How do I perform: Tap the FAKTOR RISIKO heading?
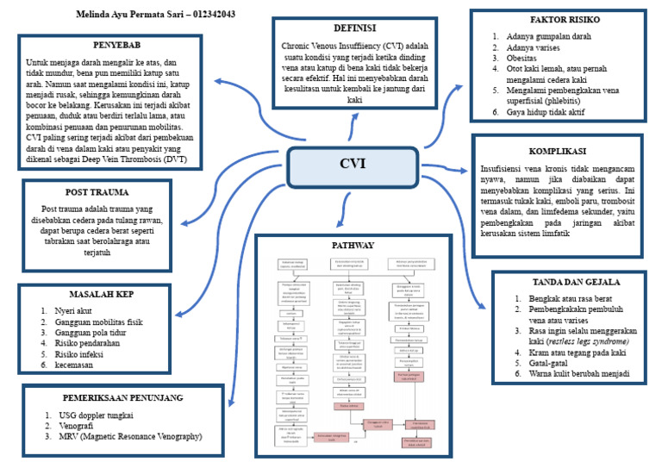(565, 19)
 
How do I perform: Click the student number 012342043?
(207, 15)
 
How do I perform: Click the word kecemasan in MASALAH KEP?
(73, 365)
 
